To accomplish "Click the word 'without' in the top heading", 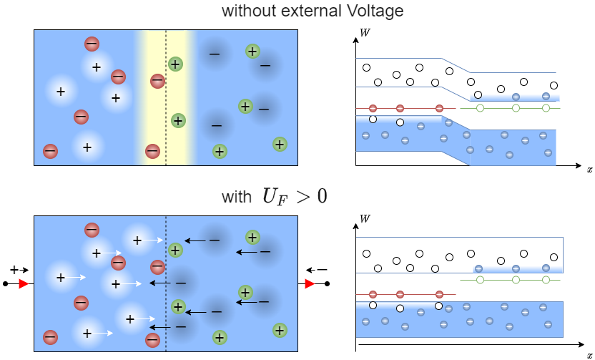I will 247,11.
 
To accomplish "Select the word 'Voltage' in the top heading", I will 375,11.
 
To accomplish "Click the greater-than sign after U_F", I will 302,197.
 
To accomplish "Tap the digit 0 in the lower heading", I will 322,196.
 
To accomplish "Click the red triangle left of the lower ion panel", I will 24,284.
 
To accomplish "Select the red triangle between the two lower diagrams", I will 310,284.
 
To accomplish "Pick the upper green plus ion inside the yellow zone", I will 175,64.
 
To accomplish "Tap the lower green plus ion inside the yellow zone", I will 178,120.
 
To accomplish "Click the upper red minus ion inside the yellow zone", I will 157,81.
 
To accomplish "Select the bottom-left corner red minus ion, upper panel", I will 50,151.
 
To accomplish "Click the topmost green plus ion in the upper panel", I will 252,51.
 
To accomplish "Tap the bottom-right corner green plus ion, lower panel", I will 280,330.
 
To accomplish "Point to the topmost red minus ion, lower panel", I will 92,230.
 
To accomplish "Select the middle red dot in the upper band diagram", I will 400,109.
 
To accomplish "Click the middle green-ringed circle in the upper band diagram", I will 516,108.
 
